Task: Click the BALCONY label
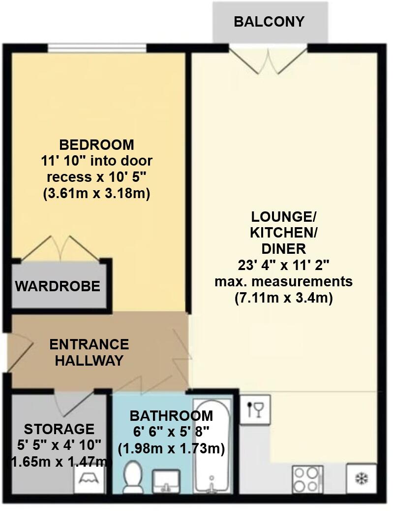pyautogui.click(x=269, y=22)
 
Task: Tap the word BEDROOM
pyautogui.click(x=96, y=145)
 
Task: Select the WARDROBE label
pyautogui.click(x=58, y=286)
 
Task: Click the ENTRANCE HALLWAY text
pyautogui.click(x=89, y=352)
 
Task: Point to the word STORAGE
pyautogui.click(x=59, y=429)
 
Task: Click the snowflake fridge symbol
pyautogui.click(x=362, y=478)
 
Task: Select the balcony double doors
pyautogui.click(x=269, y=60)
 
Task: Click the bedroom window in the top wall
pyautogui.click(x=97, y=48)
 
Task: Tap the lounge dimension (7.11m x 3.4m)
pyautogui.click(x=283, y=298)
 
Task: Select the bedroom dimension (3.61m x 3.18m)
pyautogui.click(x=96, y=194)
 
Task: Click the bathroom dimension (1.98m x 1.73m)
pyautogui.click(x=172, y=448)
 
